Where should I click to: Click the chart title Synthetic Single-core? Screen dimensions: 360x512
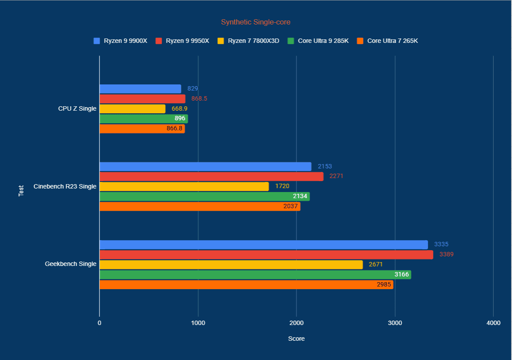tap(255, 22)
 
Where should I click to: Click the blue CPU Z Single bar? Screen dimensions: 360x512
tap(140, 89)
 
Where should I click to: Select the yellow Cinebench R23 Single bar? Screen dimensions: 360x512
tap(184, 186)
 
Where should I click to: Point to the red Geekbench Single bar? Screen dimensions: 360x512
tap(266, 255)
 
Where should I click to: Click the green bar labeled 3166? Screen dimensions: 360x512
tap(255, 275)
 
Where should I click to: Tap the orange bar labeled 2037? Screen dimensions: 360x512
tap(200, 206)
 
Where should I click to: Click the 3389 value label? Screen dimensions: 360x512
tap(446, 255)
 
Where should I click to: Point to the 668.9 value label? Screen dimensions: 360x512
tap(180, 109)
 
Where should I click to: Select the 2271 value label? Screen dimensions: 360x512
tap(337, 176)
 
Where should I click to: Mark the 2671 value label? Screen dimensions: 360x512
tap(376, 265)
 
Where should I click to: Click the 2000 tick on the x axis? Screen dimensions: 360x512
tap(296, 323)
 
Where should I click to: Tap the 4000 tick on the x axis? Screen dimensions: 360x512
tap(493, 323)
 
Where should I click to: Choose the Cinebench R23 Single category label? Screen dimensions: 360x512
tap(65, 186)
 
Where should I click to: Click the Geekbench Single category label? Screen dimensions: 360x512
tap(70, 264)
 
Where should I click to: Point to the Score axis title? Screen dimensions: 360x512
tap(296, 339)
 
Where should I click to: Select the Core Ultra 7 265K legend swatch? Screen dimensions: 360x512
tap(360, 41)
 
